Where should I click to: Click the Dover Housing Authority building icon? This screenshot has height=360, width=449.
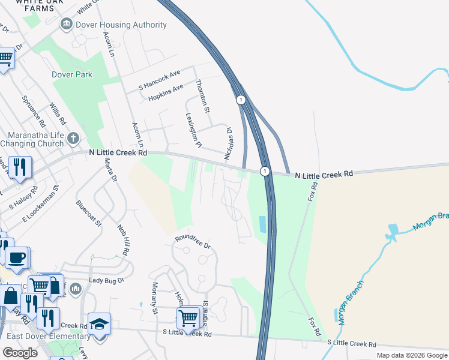click(66, 25)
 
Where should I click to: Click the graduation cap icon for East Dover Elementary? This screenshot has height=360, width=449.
click(99, 324)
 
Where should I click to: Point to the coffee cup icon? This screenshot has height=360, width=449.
click(17, 258)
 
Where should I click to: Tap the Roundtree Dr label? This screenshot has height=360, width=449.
click(193, 242)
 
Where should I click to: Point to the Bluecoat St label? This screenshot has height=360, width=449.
click(89, 213)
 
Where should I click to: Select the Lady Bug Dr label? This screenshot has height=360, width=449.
click(106, 280)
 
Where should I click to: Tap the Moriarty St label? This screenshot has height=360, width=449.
click(154, 298)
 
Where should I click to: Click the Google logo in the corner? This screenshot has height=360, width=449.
click(20, 353)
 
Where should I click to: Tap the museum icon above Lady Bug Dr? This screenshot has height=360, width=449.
click(75, 289)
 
